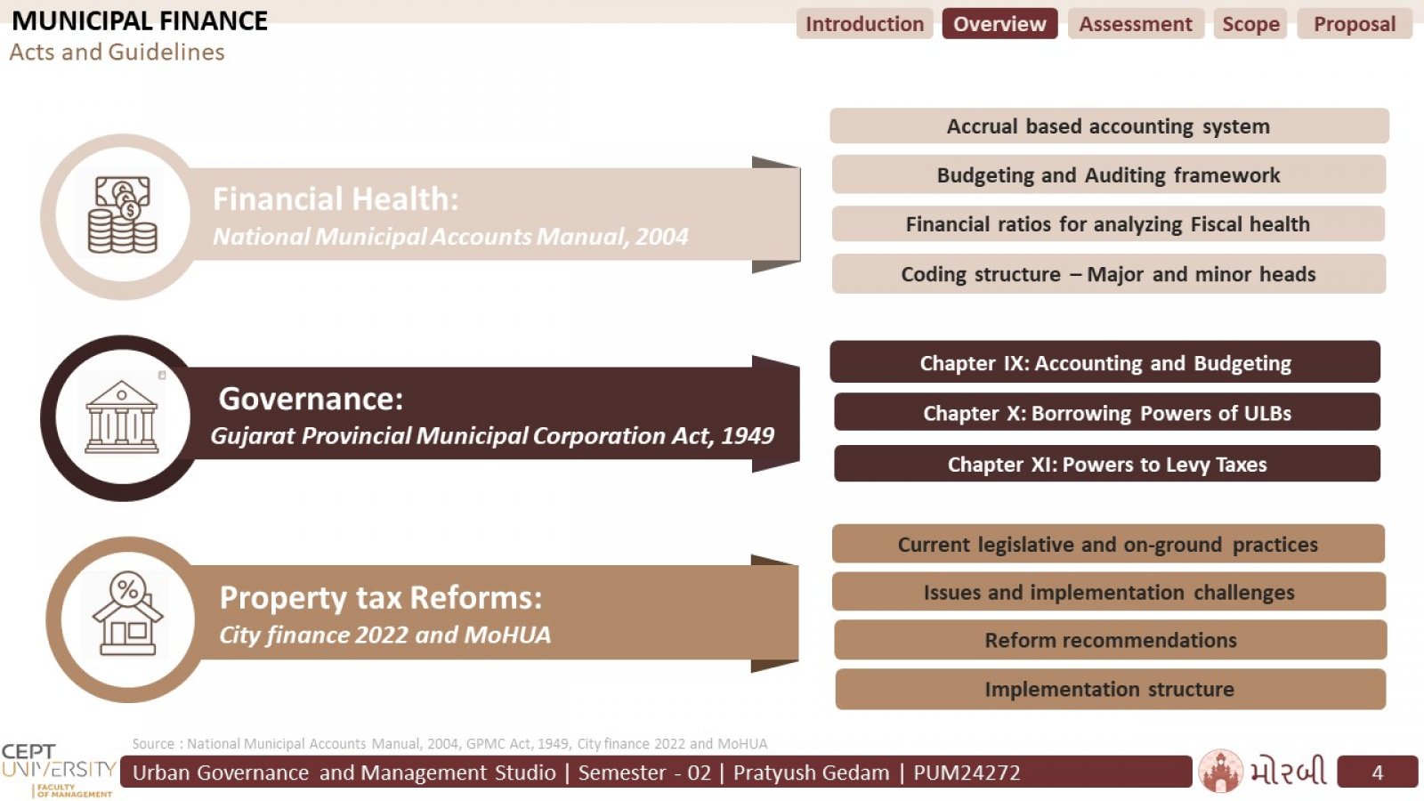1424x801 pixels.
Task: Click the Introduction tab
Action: pos(864,24)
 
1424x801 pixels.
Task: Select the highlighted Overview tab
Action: pos(999,24)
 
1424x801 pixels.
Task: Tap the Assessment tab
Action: pos(1136,24)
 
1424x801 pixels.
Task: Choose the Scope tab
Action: pos(1250,24)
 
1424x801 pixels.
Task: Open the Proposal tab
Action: pos(1355,24)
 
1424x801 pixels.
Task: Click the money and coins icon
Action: pos(123,214)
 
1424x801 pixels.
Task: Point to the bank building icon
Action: pos(121,417)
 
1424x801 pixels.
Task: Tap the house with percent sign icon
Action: pos(127,613)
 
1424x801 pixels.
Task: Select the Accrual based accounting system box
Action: pos(1109,125)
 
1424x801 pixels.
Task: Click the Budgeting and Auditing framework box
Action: pos(1109,174)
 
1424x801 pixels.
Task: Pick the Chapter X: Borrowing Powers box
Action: pos(1107,413)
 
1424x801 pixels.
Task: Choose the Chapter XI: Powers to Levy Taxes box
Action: pos(1107,464)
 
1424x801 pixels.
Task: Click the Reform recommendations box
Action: pos(1111,640)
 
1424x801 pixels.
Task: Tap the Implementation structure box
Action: pos(1110,689)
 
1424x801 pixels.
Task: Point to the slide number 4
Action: pos(1378,773)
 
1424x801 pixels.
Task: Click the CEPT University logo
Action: pos(59,770)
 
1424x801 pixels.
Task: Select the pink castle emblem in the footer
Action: pos(1220,771)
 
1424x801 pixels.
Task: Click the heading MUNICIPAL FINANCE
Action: pos(139,21)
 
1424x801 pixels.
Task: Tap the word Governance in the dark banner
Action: pos(311,399)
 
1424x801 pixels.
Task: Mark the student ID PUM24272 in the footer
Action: pos(967,773)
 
